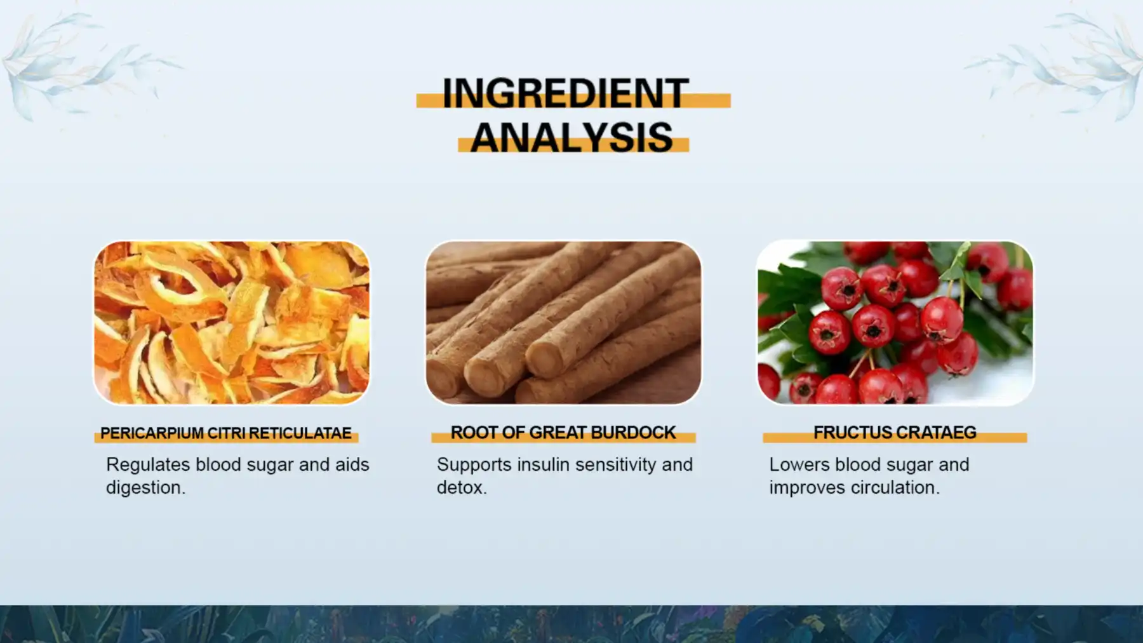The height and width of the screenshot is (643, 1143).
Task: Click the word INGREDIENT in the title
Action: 565,93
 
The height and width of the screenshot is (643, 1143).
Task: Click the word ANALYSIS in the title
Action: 571,137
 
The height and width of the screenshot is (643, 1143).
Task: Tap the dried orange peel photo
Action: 232,322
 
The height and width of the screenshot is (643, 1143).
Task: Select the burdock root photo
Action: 563,322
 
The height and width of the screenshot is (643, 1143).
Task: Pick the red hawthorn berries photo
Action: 895,322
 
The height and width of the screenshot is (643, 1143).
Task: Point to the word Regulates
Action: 148,465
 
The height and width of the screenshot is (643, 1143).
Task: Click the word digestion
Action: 145,488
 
